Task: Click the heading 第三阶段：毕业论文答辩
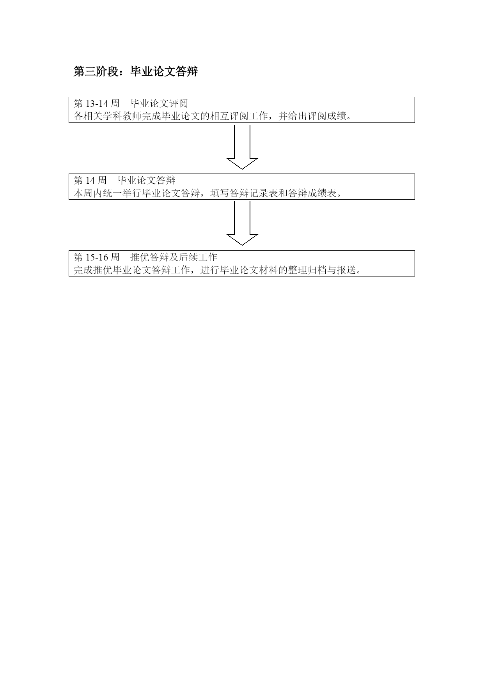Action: (x=136, y=71)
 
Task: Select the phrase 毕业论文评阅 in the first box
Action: (x=159, y=103)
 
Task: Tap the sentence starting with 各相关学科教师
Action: (x=213, y=116)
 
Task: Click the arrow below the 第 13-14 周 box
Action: (x=242, y=147)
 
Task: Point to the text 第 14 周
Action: (x=90, y=180)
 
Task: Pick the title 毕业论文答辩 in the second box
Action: (x=147, y=180)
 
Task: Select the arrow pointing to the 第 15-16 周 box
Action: (x=242, y=223)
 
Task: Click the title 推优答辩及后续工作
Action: (x=174, y=257)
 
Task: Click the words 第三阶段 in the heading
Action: (x=96, y=71)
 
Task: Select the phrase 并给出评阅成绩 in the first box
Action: (x=313, y=116)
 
